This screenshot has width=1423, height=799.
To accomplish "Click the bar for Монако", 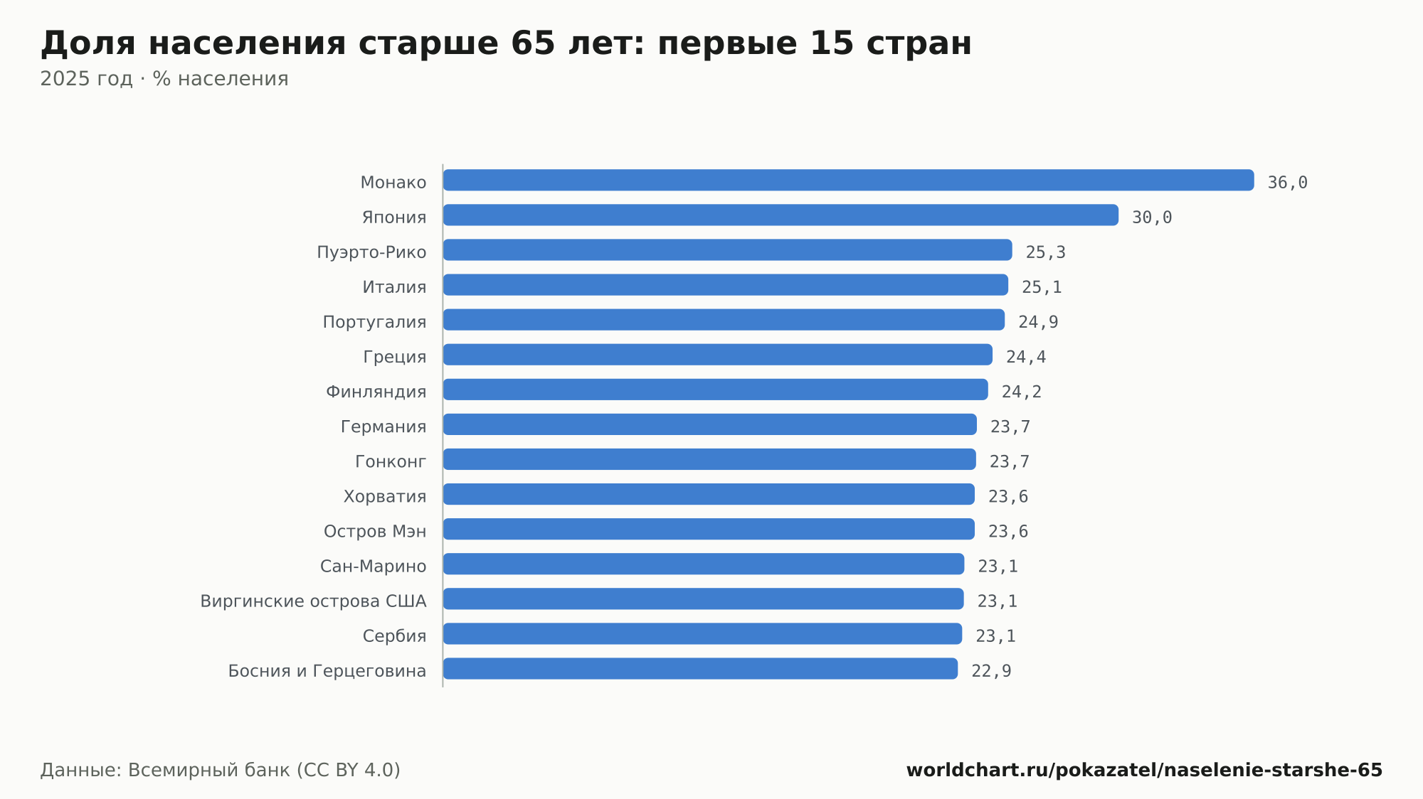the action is [x=848, y=180].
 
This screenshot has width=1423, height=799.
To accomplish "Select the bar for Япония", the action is [x=781, y=215].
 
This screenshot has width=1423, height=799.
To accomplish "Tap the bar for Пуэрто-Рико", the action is [x=727, y=250].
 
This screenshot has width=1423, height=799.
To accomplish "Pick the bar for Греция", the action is [x=717, y=355].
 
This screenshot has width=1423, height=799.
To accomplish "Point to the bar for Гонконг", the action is [x=709, y=459].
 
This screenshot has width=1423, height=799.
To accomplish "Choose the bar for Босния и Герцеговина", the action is [x=700, y=668].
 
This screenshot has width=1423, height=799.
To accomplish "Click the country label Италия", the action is [x=394, y=287].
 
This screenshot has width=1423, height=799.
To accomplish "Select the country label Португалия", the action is [x=374, y=322].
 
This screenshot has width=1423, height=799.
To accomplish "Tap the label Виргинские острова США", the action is [x=313, y=601].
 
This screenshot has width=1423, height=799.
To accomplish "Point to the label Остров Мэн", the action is [x=375, y=532].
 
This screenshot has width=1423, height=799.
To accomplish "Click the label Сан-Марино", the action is [x=373, y=567].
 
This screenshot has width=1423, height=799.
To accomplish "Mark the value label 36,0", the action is [x=1287, y=183].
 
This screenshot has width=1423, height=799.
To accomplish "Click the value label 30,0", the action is [x=1152, y=218].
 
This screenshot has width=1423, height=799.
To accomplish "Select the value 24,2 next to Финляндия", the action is [x=1022, y=392].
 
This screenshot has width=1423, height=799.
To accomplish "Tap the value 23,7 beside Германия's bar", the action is [x=1010, y=427].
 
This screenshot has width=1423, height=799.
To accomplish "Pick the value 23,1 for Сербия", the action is [x=995, y=636].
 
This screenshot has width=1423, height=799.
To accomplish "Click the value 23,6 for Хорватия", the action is [x=1008, y=496].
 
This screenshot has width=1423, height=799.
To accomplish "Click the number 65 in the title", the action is [x=533, y=43].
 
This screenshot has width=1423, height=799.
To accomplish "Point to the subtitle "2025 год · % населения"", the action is [x=164, y=79].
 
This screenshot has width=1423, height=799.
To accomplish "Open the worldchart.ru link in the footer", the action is [x=1144, y=770].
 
